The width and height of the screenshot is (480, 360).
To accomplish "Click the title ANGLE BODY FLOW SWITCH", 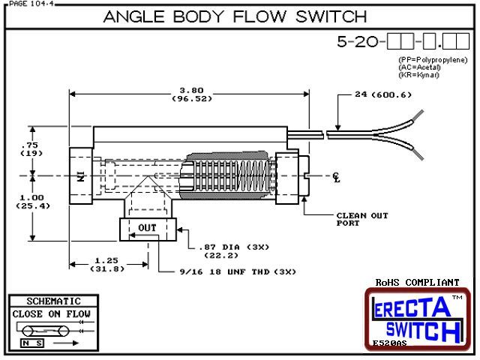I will click(235, 16).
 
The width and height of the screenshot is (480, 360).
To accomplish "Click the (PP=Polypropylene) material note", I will click(432, 59).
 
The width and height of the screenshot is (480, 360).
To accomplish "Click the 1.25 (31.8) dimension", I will click(108, 265).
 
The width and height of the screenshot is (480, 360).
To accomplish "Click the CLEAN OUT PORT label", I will click(362, 219).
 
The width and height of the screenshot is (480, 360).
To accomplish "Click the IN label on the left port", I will click(79, 177).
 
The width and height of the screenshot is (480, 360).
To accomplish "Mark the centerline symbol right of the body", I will click(336, 177).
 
